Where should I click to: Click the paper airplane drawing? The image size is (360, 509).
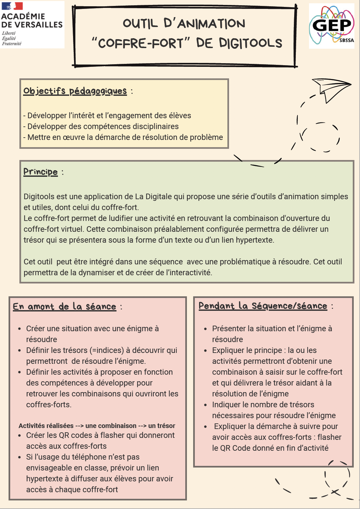pyautogui.click(x=330, y=89)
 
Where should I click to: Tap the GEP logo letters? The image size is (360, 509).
pyautogui.click(x=332, y=25)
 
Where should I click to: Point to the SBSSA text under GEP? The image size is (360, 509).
pyautogui.click(x=347, y=40)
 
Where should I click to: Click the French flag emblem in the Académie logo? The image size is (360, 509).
pyautogui.click(x=12, y=6)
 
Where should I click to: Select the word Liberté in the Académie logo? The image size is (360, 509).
pyautogui.click(x=9, y=33)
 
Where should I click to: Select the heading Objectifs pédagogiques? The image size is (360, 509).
pyautogui.click(x=75, y=91)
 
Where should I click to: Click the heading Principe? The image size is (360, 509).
pyautogui.click(x=40, y=172)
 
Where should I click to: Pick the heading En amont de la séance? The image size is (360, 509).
pyautogui.click(x=64, y=307)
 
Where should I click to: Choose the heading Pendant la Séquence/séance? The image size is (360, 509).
pyautogui.click(x=263, y=306)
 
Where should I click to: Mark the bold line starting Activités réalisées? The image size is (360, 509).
pyautogui.click(x=97, y=426)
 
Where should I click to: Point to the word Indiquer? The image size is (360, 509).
pyautogui.click(x=226, y=405)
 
